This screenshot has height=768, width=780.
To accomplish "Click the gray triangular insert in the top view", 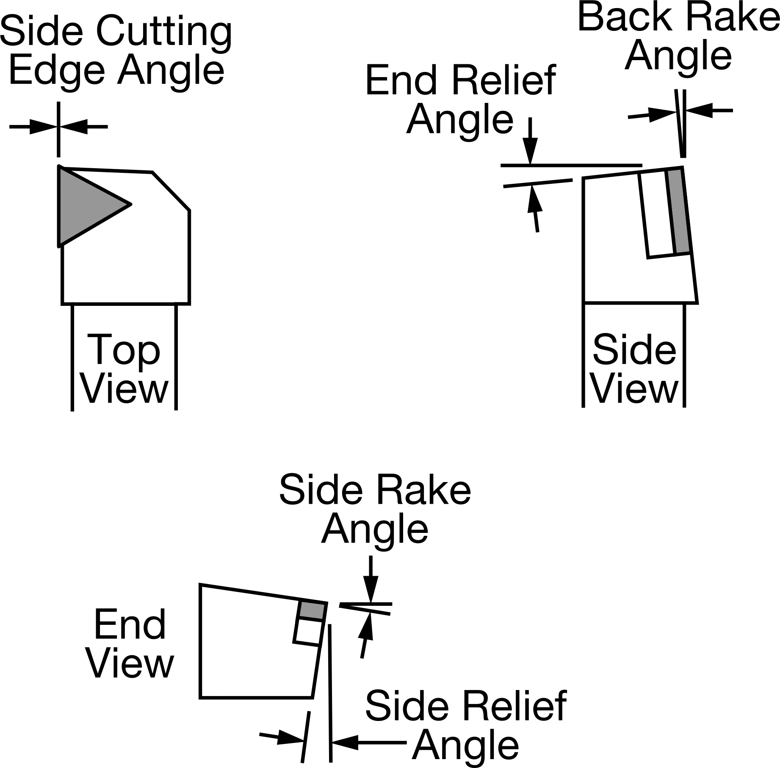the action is coord(85,205).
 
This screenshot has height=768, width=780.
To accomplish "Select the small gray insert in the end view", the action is coord(313,610).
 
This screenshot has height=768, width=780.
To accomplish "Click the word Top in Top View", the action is coord(124,350).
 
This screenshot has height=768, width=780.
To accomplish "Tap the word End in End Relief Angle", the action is coord(401,80).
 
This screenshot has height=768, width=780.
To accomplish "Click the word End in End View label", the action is coord(130,625).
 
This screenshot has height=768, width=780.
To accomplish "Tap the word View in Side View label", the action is coord(634,389).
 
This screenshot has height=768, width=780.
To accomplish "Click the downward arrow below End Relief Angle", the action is coord(530,141).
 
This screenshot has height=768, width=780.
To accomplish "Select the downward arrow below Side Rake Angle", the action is coord(371,579).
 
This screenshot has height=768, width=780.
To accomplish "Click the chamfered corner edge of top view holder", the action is coord(171,191).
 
